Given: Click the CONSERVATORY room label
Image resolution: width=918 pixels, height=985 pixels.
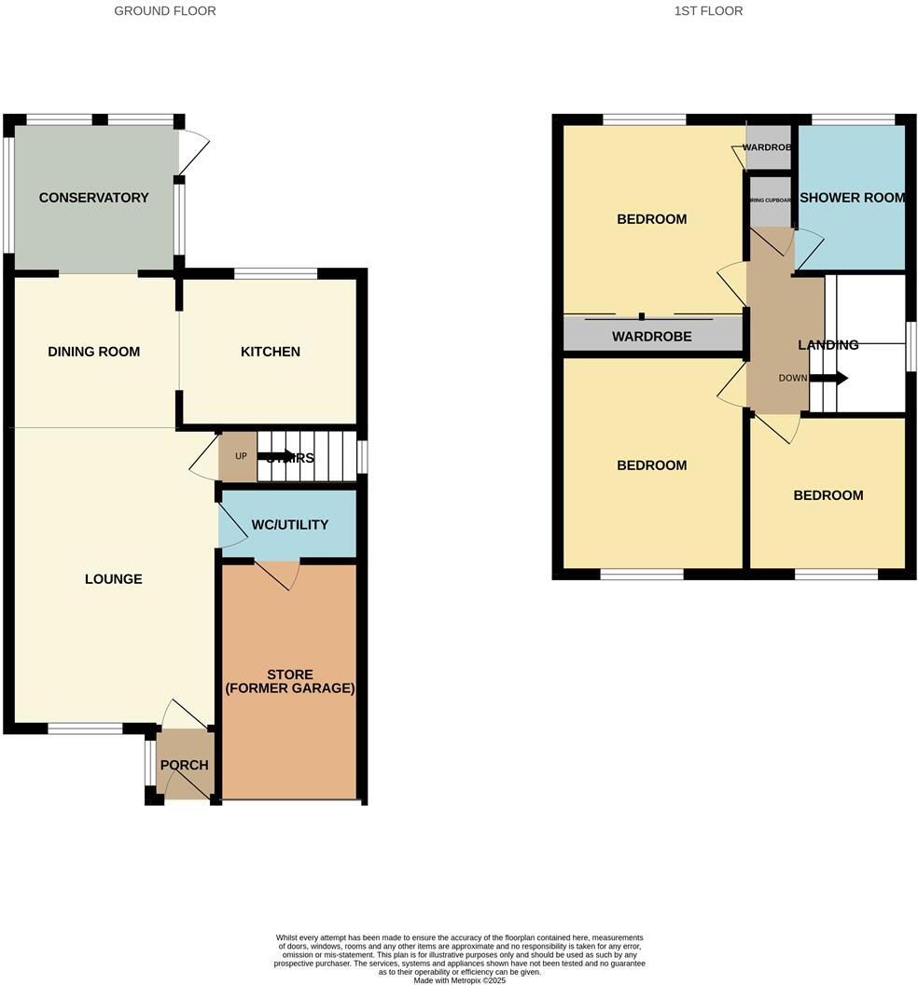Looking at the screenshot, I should click(x=93, y=198).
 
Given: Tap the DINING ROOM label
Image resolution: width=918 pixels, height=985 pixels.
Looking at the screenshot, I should click(x=93, y=352).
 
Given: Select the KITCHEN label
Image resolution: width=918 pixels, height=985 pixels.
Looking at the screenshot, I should click(x=271, y=352).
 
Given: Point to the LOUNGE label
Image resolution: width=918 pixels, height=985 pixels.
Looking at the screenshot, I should click(x=114, y=579).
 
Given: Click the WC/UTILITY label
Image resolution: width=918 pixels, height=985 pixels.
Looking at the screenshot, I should click(x=289, y=525).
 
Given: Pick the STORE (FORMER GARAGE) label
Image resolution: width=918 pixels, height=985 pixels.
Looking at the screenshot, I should click(x=289, y=682).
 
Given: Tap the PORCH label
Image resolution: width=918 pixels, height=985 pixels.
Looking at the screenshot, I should click(x=184, y=765).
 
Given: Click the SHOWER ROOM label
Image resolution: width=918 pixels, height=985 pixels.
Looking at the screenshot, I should click(x=852, y=198).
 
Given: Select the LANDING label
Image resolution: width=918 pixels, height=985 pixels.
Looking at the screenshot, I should click(x=828, y=345).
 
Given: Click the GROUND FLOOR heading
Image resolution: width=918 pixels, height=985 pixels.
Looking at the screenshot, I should click(x=165, y=11).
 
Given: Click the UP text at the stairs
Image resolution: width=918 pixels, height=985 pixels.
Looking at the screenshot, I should click(x=241, y=456).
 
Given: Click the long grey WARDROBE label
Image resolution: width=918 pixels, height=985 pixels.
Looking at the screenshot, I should click(x=651, y=336).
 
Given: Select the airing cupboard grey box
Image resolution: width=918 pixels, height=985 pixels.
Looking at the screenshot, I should click(x=771, y=206).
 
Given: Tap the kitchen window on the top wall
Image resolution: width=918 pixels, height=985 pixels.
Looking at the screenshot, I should click(x=276, y=273).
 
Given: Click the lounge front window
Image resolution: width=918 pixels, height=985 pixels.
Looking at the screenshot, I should click(x=85, y=728).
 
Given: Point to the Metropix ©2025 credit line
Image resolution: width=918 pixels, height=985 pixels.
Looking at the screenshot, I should click(x=459, y=979).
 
